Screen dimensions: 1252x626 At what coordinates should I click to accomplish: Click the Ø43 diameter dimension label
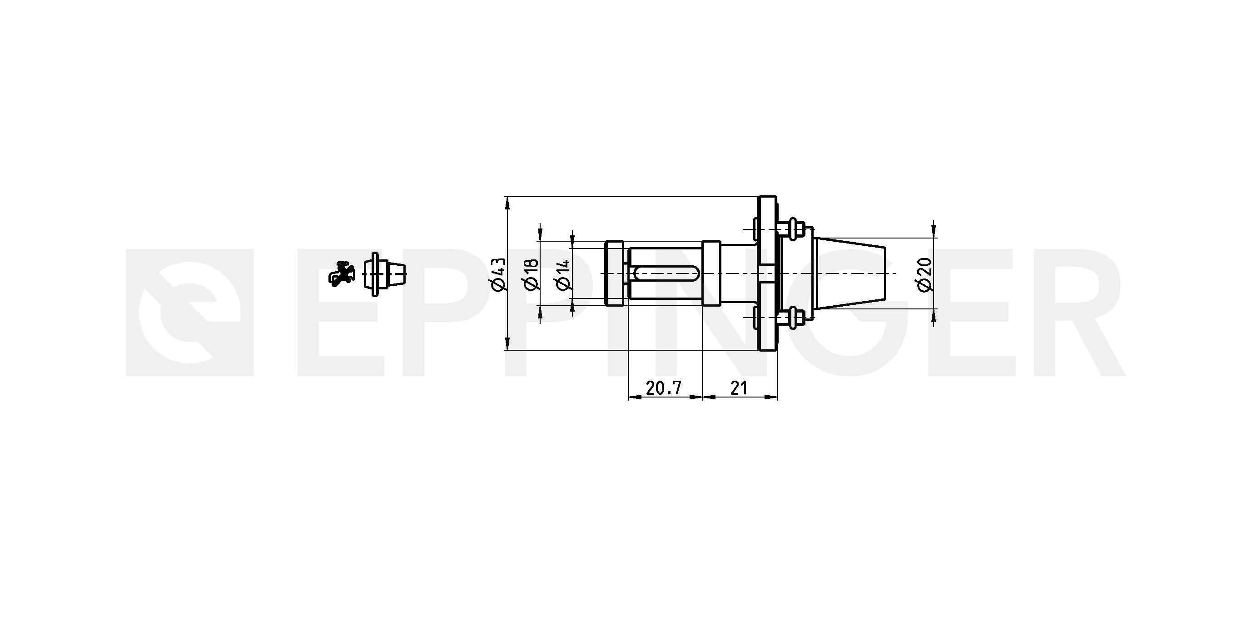pos(499,274)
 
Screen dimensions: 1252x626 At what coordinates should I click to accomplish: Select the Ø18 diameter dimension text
pos(531,274)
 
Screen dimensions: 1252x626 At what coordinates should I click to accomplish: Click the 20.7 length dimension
pos(663,388)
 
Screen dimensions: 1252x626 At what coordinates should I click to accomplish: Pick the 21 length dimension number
pos(738,388)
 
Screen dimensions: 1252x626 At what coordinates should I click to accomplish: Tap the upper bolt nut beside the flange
pos(794,227)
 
